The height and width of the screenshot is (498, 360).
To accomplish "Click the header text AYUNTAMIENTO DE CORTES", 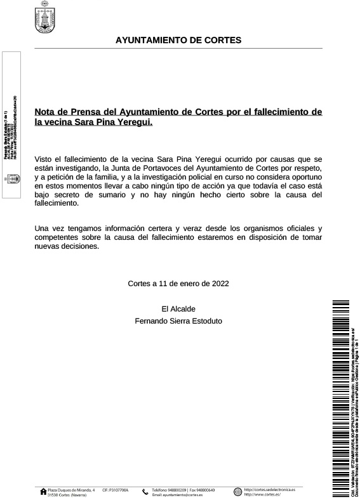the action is (x=178, y=41).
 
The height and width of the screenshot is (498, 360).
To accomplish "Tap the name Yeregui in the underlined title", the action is (x=133, y=122).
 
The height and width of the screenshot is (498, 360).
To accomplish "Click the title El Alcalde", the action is (x=178, y=309).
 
